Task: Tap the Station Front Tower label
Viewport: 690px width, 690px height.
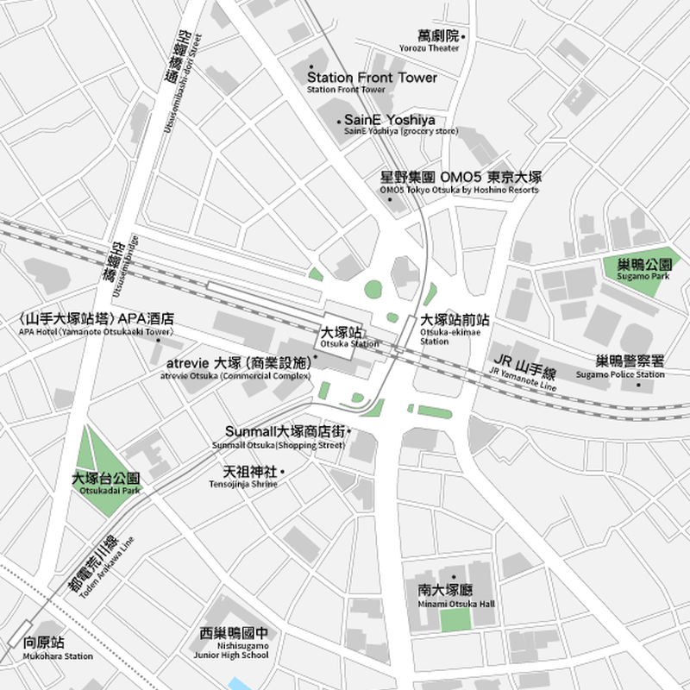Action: click(x=372, y=81)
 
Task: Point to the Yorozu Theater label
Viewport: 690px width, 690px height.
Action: click(x=429, y=41)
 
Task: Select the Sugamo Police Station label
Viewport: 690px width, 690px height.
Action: click(x=630, y=366)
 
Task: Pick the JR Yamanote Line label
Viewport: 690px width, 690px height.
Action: click(x=524, y=367)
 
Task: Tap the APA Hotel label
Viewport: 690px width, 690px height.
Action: click(x=97, y=323)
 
